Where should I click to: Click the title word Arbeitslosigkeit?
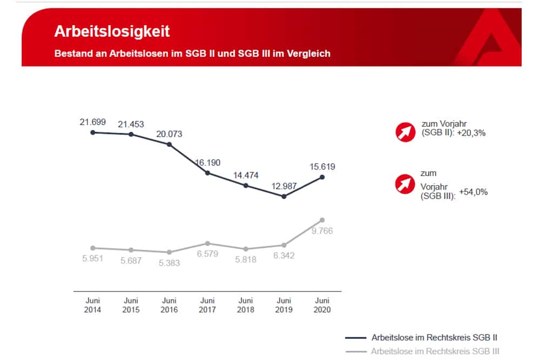(x=112, y=31)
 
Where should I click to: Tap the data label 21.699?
(x=92, y=122)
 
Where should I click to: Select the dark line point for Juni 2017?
(x=207, y=173)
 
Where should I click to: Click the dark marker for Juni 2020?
(x=322, y=177)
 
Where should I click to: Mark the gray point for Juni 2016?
(x=169, y=252)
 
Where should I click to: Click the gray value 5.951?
(x=92, y=259)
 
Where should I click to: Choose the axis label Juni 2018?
(x=246, y=305)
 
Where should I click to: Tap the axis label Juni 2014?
(x=92, y=305)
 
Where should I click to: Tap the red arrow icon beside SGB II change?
(x=404, y=131)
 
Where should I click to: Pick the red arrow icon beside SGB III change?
(x=404, y=185)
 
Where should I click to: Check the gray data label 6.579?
(x=207, y=254)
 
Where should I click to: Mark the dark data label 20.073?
(x=169, y=133)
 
